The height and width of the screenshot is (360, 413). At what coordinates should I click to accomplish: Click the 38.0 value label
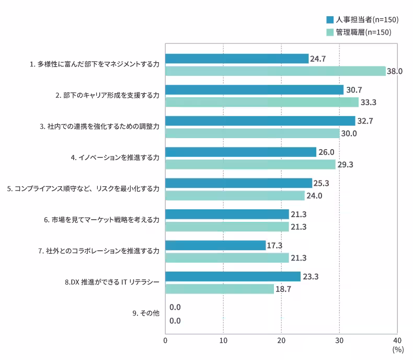point(394,71)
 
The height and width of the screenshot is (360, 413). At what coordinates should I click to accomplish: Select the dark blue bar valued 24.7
point(237,59)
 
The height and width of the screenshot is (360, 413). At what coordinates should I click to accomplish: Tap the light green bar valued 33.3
point(262,102)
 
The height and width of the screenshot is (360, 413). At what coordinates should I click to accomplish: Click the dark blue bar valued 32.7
point(260,121)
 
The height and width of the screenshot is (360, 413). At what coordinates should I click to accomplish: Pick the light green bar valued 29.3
point(250,164)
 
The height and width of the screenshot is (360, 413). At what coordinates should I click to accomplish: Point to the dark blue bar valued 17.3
point(215,245)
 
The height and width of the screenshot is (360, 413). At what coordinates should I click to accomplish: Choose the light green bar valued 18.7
point(220,289)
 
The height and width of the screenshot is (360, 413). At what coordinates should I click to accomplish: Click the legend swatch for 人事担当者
point(330,20)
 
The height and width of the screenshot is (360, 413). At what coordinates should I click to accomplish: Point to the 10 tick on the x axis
point(223,340)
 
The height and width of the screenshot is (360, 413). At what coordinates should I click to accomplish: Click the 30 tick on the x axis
point(339,340)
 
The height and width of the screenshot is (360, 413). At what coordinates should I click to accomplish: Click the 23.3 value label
point(311,276)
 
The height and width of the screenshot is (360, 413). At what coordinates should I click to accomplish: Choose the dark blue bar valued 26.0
point(240,152)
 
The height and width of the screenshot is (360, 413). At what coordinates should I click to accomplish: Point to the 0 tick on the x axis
point(165,340)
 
